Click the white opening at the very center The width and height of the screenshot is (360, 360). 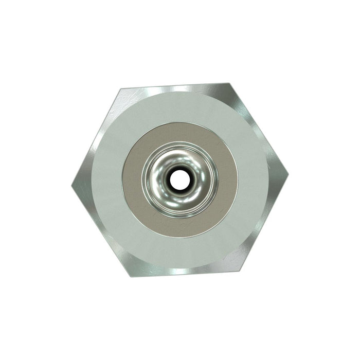(x=179, y=179)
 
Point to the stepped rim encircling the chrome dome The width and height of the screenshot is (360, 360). (x=146, y=179)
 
